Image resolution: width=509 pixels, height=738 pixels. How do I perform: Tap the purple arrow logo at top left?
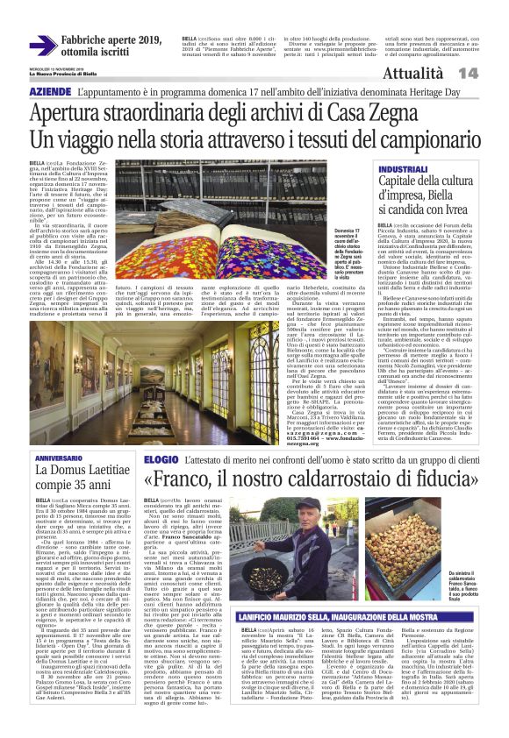click(x=42, y=45)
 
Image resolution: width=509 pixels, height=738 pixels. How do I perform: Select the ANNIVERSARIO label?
click(x=59, y=458)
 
